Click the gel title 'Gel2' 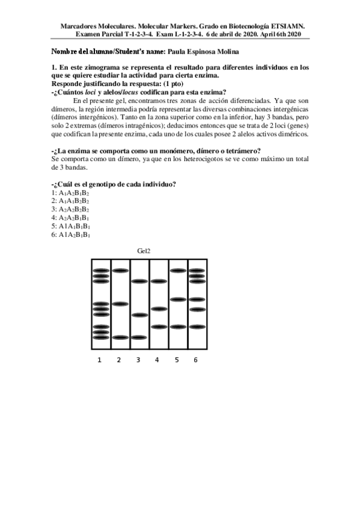point(143,250)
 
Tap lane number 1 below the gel point(100,360)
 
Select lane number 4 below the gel point(157,360)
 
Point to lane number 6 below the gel point(195,360)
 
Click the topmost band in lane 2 point(120,271)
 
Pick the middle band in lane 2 point(120,304)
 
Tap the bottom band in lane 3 point(139,337)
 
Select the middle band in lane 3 point(139,315)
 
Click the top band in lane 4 point(158,281)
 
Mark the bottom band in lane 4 point(158,327)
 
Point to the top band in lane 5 point(177,271)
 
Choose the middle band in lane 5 point(177,299)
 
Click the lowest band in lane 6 point(197,327)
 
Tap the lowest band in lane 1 point(101,337)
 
